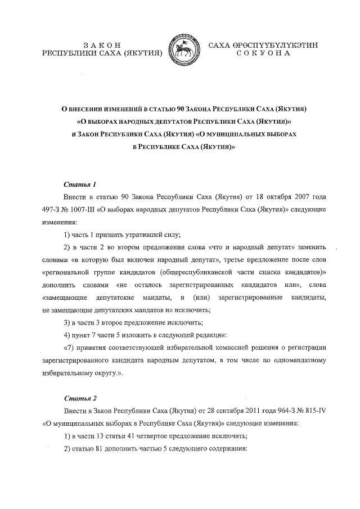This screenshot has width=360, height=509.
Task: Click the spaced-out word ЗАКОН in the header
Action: pyautogui.click(x=102, y=44)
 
